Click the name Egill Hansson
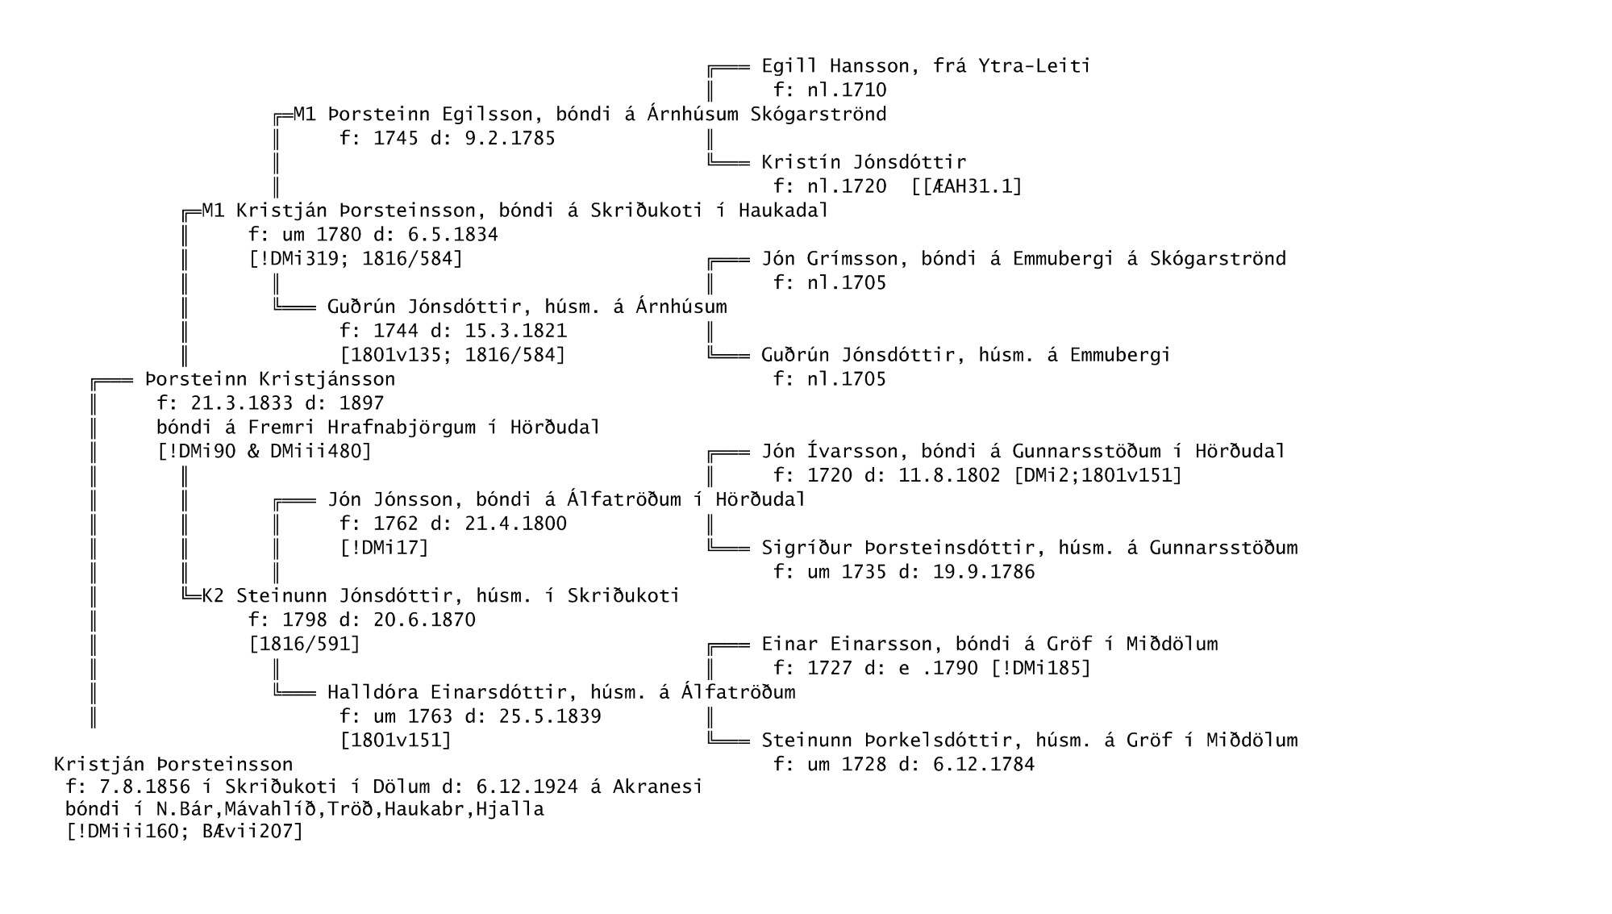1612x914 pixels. (x=830, y=66)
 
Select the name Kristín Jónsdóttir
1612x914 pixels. (x=864, y=162)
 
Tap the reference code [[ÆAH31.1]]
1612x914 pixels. (x=967, y=186)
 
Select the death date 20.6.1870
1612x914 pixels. (x=424, y=620)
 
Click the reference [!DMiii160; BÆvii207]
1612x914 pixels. (x=185, y=831)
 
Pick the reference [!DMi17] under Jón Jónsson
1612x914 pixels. (x=384, y=548)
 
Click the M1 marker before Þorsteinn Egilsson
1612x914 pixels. (x=305, y=115)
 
